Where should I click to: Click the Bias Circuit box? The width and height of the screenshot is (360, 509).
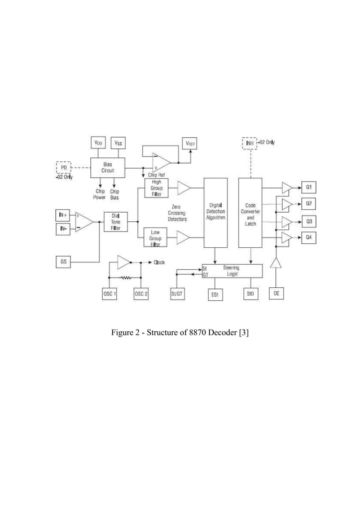coord(107,167)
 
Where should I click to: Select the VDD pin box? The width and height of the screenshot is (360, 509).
coord(98,143)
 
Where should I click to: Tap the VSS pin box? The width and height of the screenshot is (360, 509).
coord(119,143)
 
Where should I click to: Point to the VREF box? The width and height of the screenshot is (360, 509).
coord(190,143)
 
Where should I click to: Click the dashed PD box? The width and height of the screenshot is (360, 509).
coord(64,168)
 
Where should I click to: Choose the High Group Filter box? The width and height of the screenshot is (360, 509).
coord(155,187)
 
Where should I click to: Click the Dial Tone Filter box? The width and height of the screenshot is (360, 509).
coord(116,221)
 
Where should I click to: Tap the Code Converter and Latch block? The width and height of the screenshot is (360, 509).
coord(251,212)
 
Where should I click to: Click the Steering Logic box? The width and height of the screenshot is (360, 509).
coord(231,270)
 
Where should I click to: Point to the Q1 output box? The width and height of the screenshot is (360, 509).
coord(309,187)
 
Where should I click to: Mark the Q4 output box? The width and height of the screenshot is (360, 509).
coord(309,238)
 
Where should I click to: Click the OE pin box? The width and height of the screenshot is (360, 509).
coord(276,294)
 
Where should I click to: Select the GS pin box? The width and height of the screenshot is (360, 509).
coord(64,262)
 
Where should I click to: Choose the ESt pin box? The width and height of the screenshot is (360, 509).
coord(214,295)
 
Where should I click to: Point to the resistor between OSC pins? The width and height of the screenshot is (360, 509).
coord(124,278)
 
